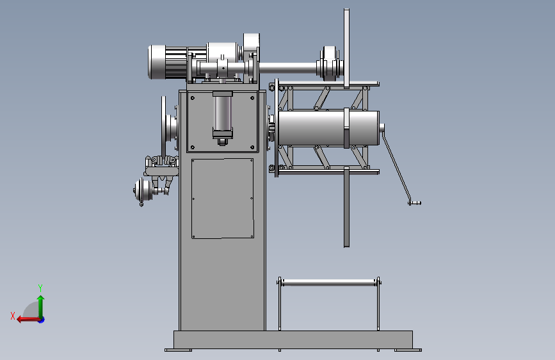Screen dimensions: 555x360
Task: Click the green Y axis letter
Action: coord(40,288)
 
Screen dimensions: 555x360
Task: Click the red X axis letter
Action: coord(13,316)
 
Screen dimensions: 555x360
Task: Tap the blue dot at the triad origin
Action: coord(42,320)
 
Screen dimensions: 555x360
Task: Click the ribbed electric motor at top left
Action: coord(168,62)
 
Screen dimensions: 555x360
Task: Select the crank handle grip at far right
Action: coord(415,203)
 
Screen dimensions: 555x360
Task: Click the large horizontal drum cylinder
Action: coord(328,128)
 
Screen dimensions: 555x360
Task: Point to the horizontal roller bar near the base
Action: coord(329,282)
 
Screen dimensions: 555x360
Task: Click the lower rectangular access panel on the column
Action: coord(223,199)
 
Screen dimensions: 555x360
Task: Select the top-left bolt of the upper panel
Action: coord(193,98)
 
